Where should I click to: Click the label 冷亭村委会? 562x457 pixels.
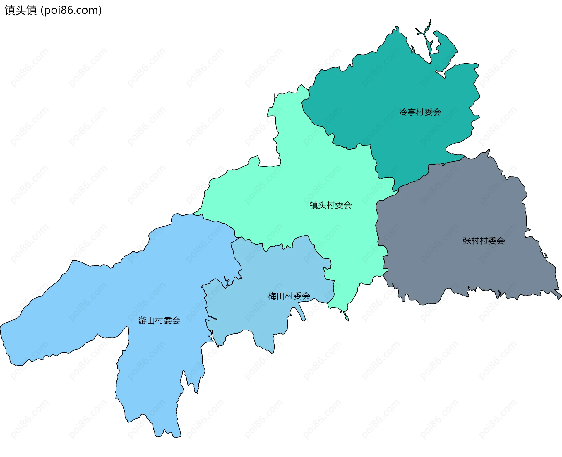point(420,112)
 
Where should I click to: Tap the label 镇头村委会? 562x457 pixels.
point(330,205)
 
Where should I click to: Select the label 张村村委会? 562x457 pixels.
point(484,241)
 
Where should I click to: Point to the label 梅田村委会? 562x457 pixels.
point(289,296)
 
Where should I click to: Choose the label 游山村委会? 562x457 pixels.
point(159,320)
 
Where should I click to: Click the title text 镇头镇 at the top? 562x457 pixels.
point(20,10)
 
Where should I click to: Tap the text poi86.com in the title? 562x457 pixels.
point(71,10)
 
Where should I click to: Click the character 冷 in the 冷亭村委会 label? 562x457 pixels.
point(403,112)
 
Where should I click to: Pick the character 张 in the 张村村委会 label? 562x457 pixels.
point(467,241)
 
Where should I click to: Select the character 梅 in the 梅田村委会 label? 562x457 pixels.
point(272,296)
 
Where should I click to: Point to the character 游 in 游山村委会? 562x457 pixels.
point(142,320)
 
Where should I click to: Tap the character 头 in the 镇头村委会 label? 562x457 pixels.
point(322,205)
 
